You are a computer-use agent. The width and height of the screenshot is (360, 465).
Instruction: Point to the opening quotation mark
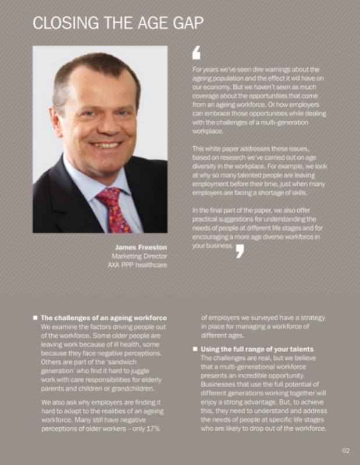[196, 53]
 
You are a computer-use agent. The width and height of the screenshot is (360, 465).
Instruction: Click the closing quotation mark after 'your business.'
[240, 250]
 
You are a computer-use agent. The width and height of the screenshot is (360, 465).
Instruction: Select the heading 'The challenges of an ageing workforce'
[104, 318]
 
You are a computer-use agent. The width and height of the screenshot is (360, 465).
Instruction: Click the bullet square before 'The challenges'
[35, 318]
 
